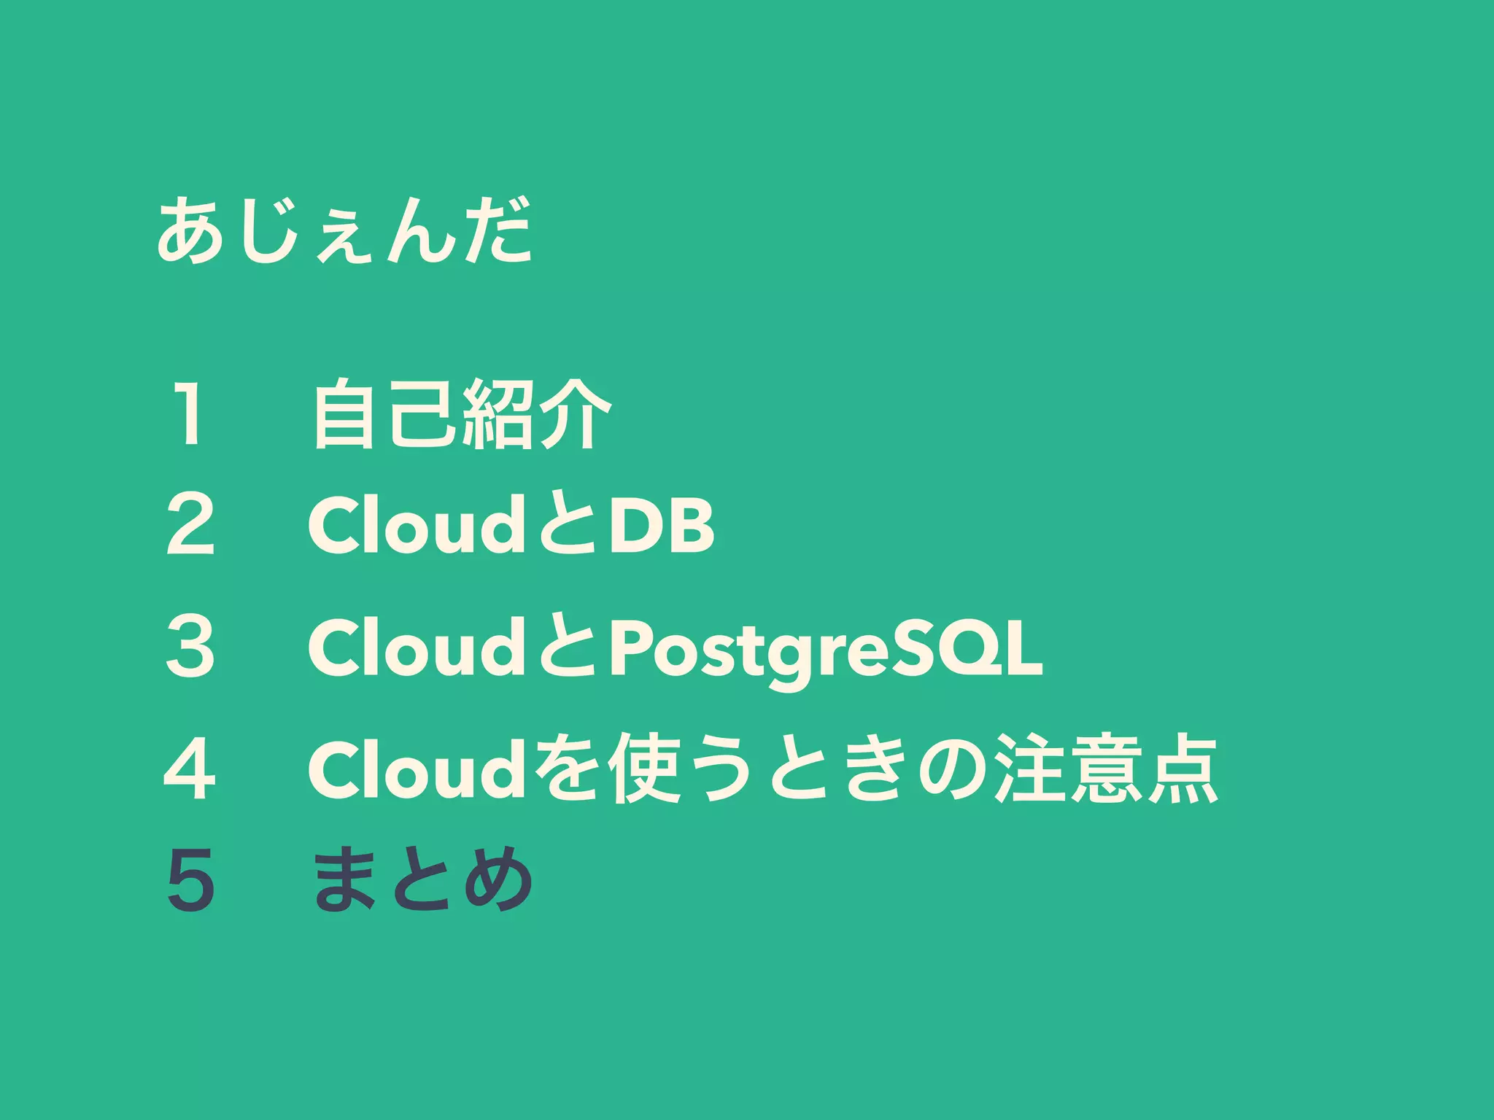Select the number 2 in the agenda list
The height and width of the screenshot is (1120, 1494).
pyautogui.click(x=190, y=524)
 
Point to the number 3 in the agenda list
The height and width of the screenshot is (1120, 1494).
pyautogui.click(x=190, y=646)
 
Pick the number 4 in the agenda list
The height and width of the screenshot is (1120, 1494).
pyautogui.click(x=190, y=769)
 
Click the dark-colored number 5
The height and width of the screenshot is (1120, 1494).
pyautogui.click(x=190, y=880)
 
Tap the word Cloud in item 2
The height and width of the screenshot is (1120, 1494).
pyautogui.click(x=414, y=524)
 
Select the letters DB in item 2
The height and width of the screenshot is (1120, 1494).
pyautogui.click(x=661, y=525)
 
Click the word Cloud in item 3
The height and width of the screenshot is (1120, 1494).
pyautogui.click(x=414, y=646)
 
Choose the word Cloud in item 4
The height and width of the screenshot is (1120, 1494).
pyautogui.click(x=414, y=769)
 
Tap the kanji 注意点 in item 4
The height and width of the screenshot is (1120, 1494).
pyautogui.click(x=1107, y=769)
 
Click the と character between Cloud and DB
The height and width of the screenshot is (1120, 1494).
pyautogui.click(x=566, y=525)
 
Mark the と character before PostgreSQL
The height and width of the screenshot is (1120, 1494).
pyautogui.click(x=566, y=647)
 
